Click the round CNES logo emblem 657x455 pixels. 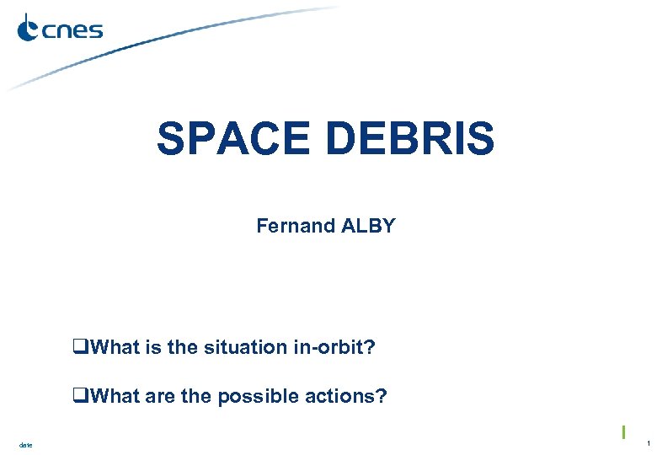click(29, 29)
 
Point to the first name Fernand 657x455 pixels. click(296, 226)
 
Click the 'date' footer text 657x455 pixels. click(24, 444)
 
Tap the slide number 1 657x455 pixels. click(648, 443)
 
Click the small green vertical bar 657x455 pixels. click(622, 431)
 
